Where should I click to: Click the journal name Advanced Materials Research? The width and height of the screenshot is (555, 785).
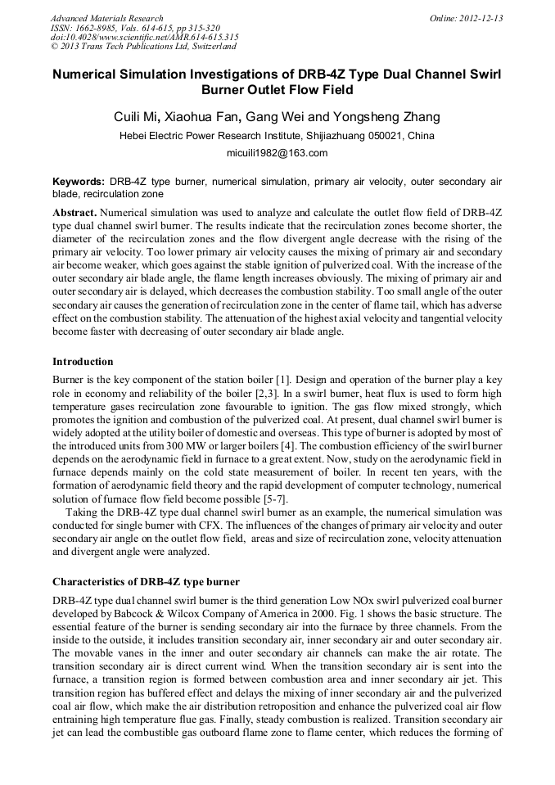pos(106,18)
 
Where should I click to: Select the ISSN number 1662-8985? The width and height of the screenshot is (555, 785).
pos(96,28)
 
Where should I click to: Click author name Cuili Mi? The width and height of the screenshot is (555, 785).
pos(137,117)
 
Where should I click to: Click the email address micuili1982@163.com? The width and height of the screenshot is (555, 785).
pos(277,153)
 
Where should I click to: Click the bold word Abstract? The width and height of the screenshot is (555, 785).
pos(74,212)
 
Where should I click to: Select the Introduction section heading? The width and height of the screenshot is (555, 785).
pos(83,362)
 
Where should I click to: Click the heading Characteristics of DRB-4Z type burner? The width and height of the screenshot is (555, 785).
pos(146,582)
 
